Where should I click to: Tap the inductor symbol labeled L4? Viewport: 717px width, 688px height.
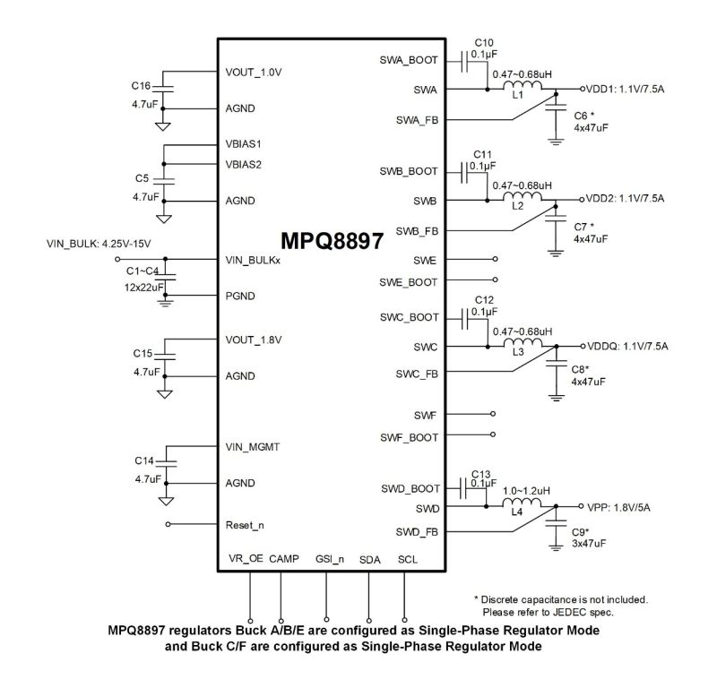pos(519,505)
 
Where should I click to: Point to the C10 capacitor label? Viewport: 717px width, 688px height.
pos(484,42)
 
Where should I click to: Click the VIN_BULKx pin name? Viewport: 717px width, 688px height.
pos(255,260)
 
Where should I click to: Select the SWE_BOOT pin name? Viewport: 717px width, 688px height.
pos(409,282)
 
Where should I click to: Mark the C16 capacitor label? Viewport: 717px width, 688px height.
pos(141,86)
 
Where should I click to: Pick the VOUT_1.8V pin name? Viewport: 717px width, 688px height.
pos(255,340)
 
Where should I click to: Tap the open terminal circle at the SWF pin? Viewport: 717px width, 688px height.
pos(495,415)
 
